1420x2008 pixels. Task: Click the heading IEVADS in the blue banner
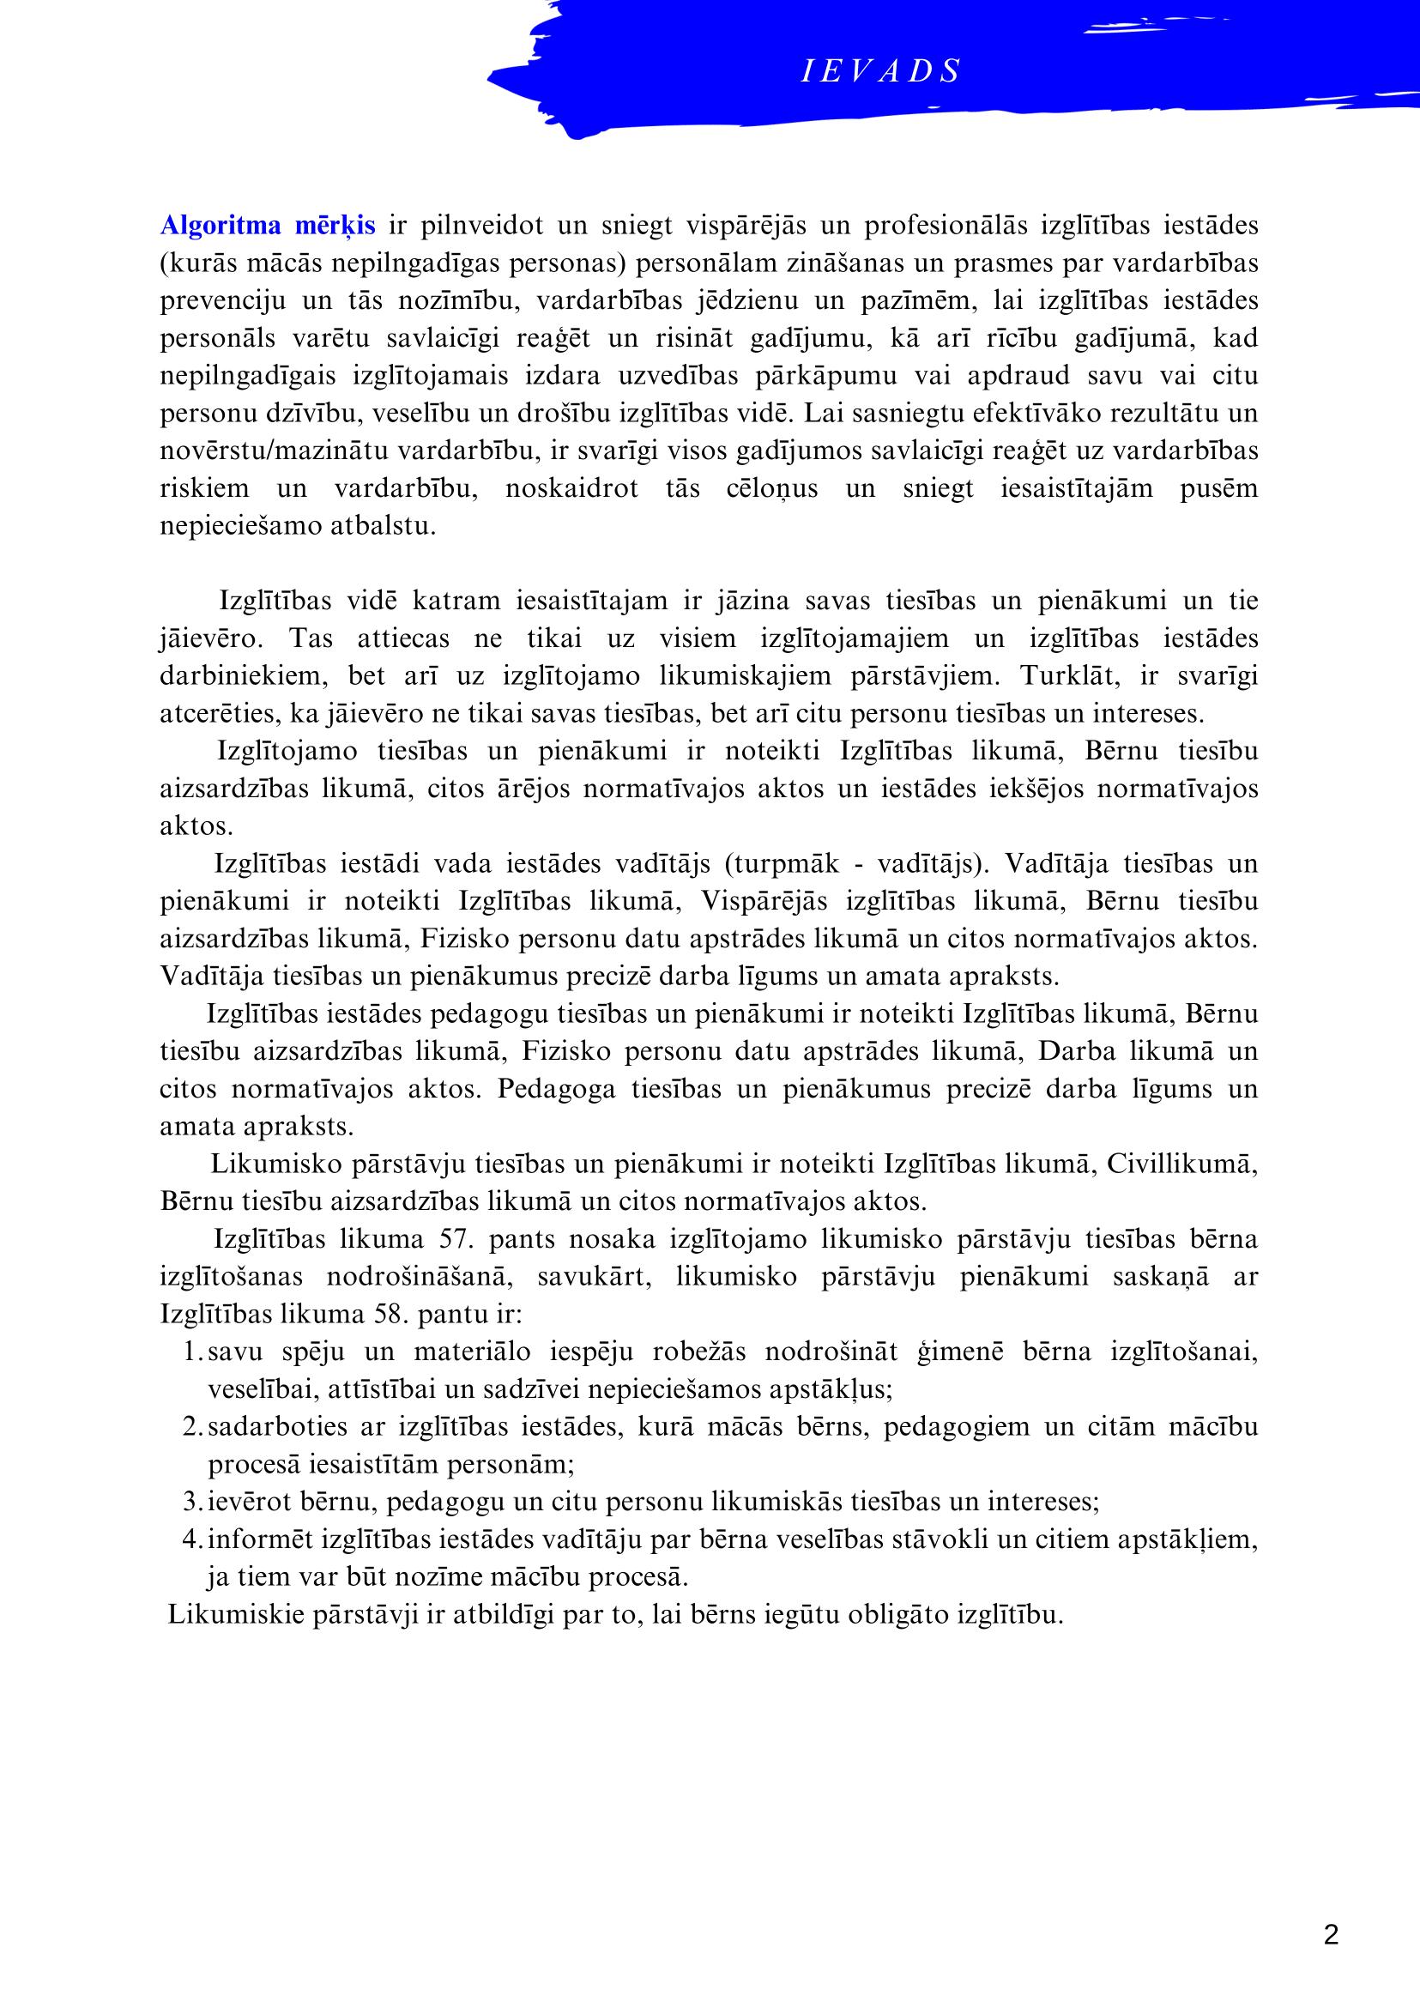[x=880, y=71]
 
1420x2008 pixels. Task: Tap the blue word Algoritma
[x=221, y=226]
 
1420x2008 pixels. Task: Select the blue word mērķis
[x=335, y=226]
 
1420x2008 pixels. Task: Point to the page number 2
[x=1331, y=1933]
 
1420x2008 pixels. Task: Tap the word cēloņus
[x=771, y=488]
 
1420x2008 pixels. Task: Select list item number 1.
[x=193, y=1352]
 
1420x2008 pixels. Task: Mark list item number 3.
[x=193, y=1502]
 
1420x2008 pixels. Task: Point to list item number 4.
[x=193, y=1539]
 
